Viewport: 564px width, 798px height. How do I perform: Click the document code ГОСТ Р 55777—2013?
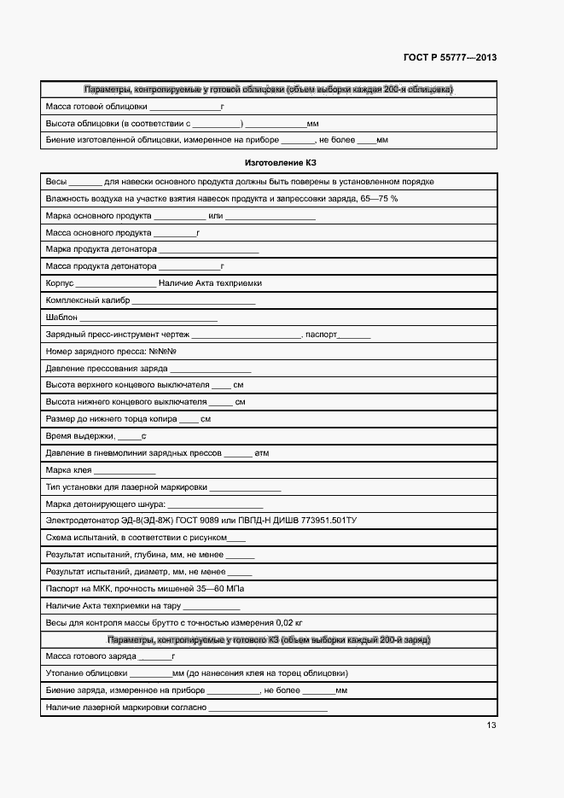tap(450, 58)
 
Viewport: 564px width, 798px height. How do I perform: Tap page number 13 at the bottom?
tap(491, 725)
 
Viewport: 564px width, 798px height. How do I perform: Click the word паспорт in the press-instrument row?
tap(322, 335)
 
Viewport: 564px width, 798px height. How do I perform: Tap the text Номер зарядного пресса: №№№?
tap(111, 352)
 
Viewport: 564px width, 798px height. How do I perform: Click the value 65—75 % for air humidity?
tap(379, 199)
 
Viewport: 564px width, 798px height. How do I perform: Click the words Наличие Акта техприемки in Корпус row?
tap(210, 283)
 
